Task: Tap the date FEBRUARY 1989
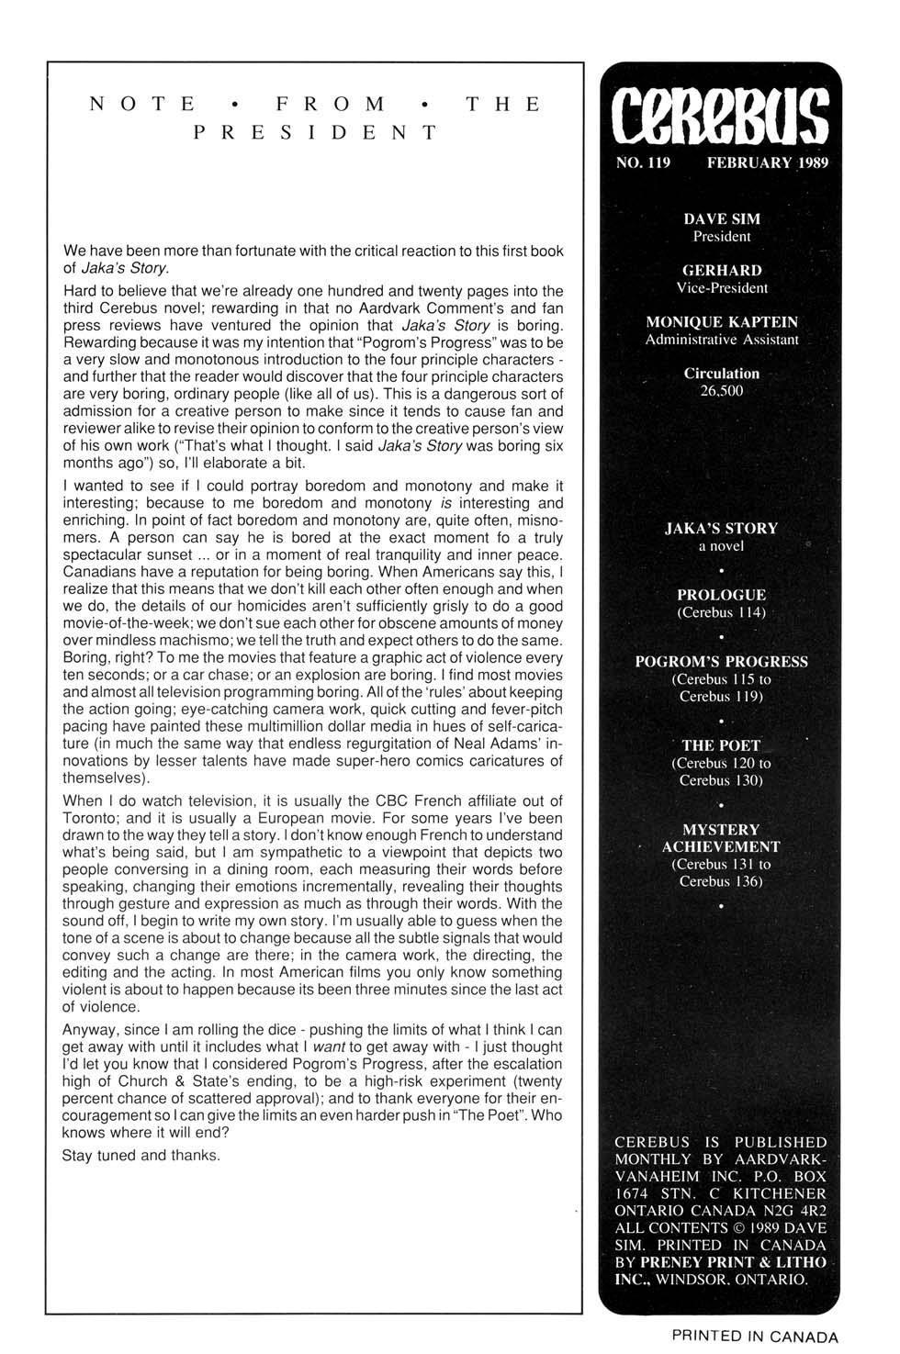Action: point(767,163)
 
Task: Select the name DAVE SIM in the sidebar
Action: point(722,219)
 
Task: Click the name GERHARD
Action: point(722,271)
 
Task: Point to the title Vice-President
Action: point(722,288)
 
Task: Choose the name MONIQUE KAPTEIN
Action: point(722,322)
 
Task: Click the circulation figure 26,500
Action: point(722,391)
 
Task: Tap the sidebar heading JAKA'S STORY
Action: point(721,529)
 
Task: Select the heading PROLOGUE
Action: point(721,595)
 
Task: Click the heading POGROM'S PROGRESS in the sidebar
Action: point(721,662)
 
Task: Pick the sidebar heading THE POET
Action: point(721,745)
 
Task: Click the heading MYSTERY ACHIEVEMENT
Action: point(721,838)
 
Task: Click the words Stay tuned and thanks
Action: point(141,1156)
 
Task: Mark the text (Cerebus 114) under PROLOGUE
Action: point(721,612)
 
